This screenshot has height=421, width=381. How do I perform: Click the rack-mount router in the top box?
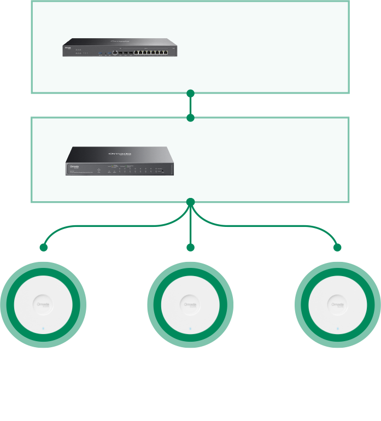click(119, 48)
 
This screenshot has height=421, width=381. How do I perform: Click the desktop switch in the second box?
click(119, 161)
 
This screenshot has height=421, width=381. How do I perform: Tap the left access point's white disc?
click(43, 305)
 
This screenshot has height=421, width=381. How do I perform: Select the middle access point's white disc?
click(190, 305)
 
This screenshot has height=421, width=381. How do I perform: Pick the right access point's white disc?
click(337, 305)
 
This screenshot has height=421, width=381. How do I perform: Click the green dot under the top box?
click(190, 93)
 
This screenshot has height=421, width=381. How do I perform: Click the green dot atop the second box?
click(190, 118)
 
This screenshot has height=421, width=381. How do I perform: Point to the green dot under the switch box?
click(190, 202)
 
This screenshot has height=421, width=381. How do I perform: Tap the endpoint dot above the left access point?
click(44, 247)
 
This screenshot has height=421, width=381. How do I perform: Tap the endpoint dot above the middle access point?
click(190, 247)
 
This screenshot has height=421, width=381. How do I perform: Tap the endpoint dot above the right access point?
click(337, 247)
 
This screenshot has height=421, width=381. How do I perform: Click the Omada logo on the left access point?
click(43, 305)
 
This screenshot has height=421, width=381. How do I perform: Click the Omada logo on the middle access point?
click(190, 305)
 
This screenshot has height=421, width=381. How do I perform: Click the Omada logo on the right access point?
click(337, 305)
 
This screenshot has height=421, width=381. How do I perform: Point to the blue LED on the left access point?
click(43, 329)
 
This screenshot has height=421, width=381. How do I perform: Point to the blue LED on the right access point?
click(337, 329)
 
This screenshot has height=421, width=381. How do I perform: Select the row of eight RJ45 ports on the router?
click(150, 52)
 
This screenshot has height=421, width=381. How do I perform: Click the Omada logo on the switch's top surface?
click(119, 154)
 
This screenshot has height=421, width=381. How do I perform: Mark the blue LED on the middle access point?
click(190, 329)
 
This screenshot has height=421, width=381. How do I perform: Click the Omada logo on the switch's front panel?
click(74, 166)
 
